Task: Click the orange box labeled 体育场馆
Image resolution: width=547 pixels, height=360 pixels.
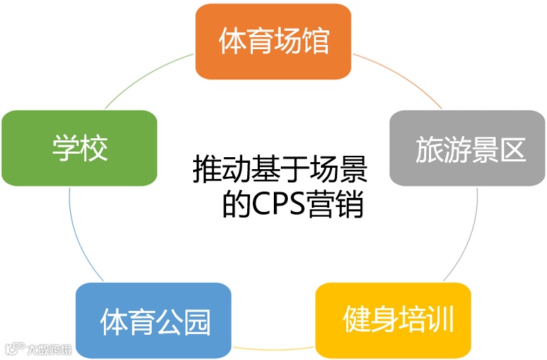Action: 273,42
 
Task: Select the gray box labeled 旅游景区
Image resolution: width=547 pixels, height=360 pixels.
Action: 468,148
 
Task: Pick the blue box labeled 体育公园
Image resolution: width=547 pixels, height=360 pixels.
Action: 153,321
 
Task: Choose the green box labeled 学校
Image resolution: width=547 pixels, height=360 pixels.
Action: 79,148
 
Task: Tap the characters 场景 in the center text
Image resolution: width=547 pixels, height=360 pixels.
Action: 344,171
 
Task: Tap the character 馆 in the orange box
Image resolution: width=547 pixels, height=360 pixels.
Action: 317,41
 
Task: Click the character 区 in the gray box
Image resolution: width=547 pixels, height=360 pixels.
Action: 513,149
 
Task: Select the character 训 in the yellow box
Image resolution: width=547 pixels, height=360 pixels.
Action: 442,320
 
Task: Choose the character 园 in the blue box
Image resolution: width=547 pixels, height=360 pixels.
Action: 197,321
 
